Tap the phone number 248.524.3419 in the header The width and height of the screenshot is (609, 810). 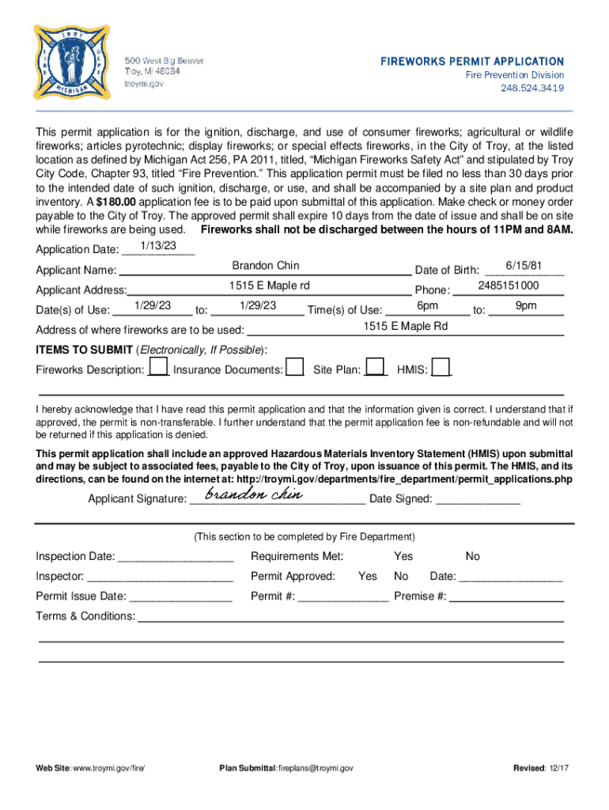(x=531, y=88)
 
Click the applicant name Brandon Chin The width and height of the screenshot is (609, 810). (x=266, y=266)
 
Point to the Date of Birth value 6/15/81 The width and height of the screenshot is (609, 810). (x=523, y=266)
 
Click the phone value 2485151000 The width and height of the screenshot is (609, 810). (x=509, y=286)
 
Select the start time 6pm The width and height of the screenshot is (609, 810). (x=427, y=305)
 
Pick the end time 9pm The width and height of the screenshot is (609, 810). (x=526, y=305)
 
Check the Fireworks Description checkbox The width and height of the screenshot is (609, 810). (x=158, y=367)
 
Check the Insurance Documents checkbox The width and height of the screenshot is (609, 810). (x=294, y=367)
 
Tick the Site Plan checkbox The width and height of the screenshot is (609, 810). (x=376, y=367)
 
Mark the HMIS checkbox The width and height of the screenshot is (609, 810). (x=441, y=367)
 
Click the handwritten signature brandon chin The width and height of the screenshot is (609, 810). (x=253, y=495)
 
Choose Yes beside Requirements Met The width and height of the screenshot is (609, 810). (x=403, y=556)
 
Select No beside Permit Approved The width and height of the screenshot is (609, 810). (x=401, y=576)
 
